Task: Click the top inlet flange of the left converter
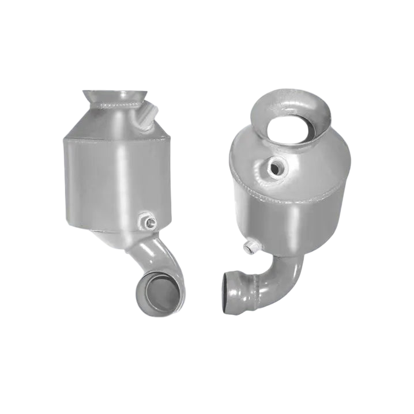point(115,95)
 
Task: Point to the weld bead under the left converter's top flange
point(118,106)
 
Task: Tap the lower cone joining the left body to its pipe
point(124,234)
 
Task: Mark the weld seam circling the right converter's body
point(259,190)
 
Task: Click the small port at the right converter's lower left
point(251,246)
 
